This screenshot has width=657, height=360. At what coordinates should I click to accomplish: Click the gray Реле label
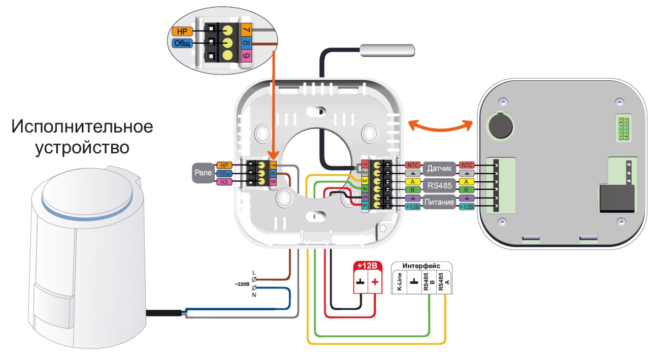pyautogui.click(x=203, y=173)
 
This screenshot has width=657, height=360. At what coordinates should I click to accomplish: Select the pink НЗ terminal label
pyautogui.click(x=223, y=182)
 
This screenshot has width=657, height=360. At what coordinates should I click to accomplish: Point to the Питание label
pyautogui.click(x=439, y=203)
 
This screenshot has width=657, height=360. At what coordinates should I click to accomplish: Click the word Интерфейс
pyautogui.click(x=421, y=266)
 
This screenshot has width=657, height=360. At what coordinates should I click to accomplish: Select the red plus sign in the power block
pyautogui.click(x=375, y=282)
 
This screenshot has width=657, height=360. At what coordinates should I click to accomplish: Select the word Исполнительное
pyautogui.click(x=82, y=126)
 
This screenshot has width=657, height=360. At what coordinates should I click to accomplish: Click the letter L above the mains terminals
pyautogui.click(x=254, y=272)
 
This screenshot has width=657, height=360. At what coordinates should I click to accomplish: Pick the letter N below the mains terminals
pyautogui.click(x=254, y=295)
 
